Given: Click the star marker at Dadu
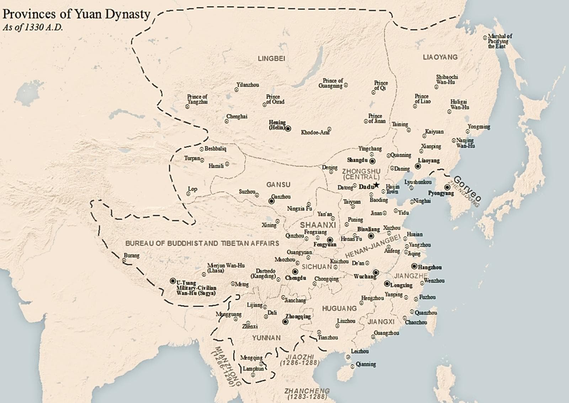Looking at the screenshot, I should [x=377, y=185].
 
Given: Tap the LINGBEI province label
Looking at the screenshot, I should [x=271, y=58].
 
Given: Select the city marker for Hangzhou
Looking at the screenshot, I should [x=414, y=266].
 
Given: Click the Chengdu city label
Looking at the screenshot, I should [x=296, y=278].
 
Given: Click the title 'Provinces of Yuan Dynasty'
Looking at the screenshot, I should [x=76, y=14].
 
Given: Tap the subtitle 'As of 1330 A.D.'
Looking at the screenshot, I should [x=33, y=27].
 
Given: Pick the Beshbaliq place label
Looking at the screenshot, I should [x=215, y=149].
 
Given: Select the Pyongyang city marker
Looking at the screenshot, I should [x=447, y=187].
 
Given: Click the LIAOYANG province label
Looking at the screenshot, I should [x=440, y=57].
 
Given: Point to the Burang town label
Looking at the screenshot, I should [x=132, y=255].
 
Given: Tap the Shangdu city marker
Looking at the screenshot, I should [x=372, y=161].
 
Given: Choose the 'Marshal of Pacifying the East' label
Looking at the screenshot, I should [x=500, y=41].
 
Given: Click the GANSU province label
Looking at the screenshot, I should [x=278, y=184].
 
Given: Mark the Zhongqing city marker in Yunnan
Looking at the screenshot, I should [x=285, y=322].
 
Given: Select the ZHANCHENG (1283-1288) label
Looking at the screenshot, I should [x=307, y=393].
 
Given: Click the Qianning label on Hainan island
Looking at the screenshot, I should [x=366, y=364].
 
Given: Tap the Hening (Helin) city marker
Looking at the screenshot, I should [x=288, y=129].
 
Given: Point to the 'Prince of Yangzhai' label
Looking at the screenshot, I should [x=197, y=99].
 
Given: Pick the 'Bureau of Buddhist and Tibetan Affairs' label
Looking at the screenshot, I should [x=202, y=243].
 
